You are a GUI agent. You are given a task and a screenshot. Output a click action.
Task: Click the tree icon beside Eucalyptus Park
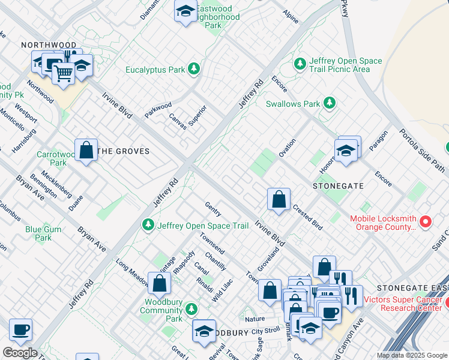coord(193,70)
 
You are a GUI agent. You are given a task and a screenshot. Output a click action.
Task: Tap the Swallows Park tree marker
coord(329,103)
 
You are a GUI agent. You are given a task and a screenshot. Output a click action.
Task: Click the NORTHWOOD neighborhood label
coord(49,45)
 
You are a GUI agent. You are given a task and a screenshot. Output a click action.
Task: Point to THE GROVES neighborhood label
coord(124,151)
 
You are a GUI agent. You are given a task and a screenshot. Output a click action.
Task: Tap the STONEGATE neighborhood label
coord(338,186)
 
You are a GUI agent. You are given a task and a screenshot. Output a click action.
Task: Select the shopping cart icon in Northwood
coord(63,73)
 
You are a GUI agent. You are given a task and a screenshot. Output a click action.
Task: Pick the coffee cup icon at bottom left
coord(21,329)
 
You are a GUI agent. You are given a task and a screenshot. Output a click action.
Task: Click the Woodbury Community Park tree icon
coord(191,309)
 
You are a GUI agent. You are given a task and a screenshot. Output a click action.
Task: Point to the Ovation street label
coord(287,148)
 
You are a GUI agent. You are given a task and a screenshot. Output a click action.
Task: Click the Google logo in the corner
coord(20,353)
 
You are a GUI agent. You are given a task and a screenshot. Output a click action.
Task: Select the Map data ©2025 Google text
coord(411,355)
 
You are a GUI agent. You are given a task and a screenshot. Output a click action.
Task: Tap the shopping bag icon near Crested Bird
coord(279,200)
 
